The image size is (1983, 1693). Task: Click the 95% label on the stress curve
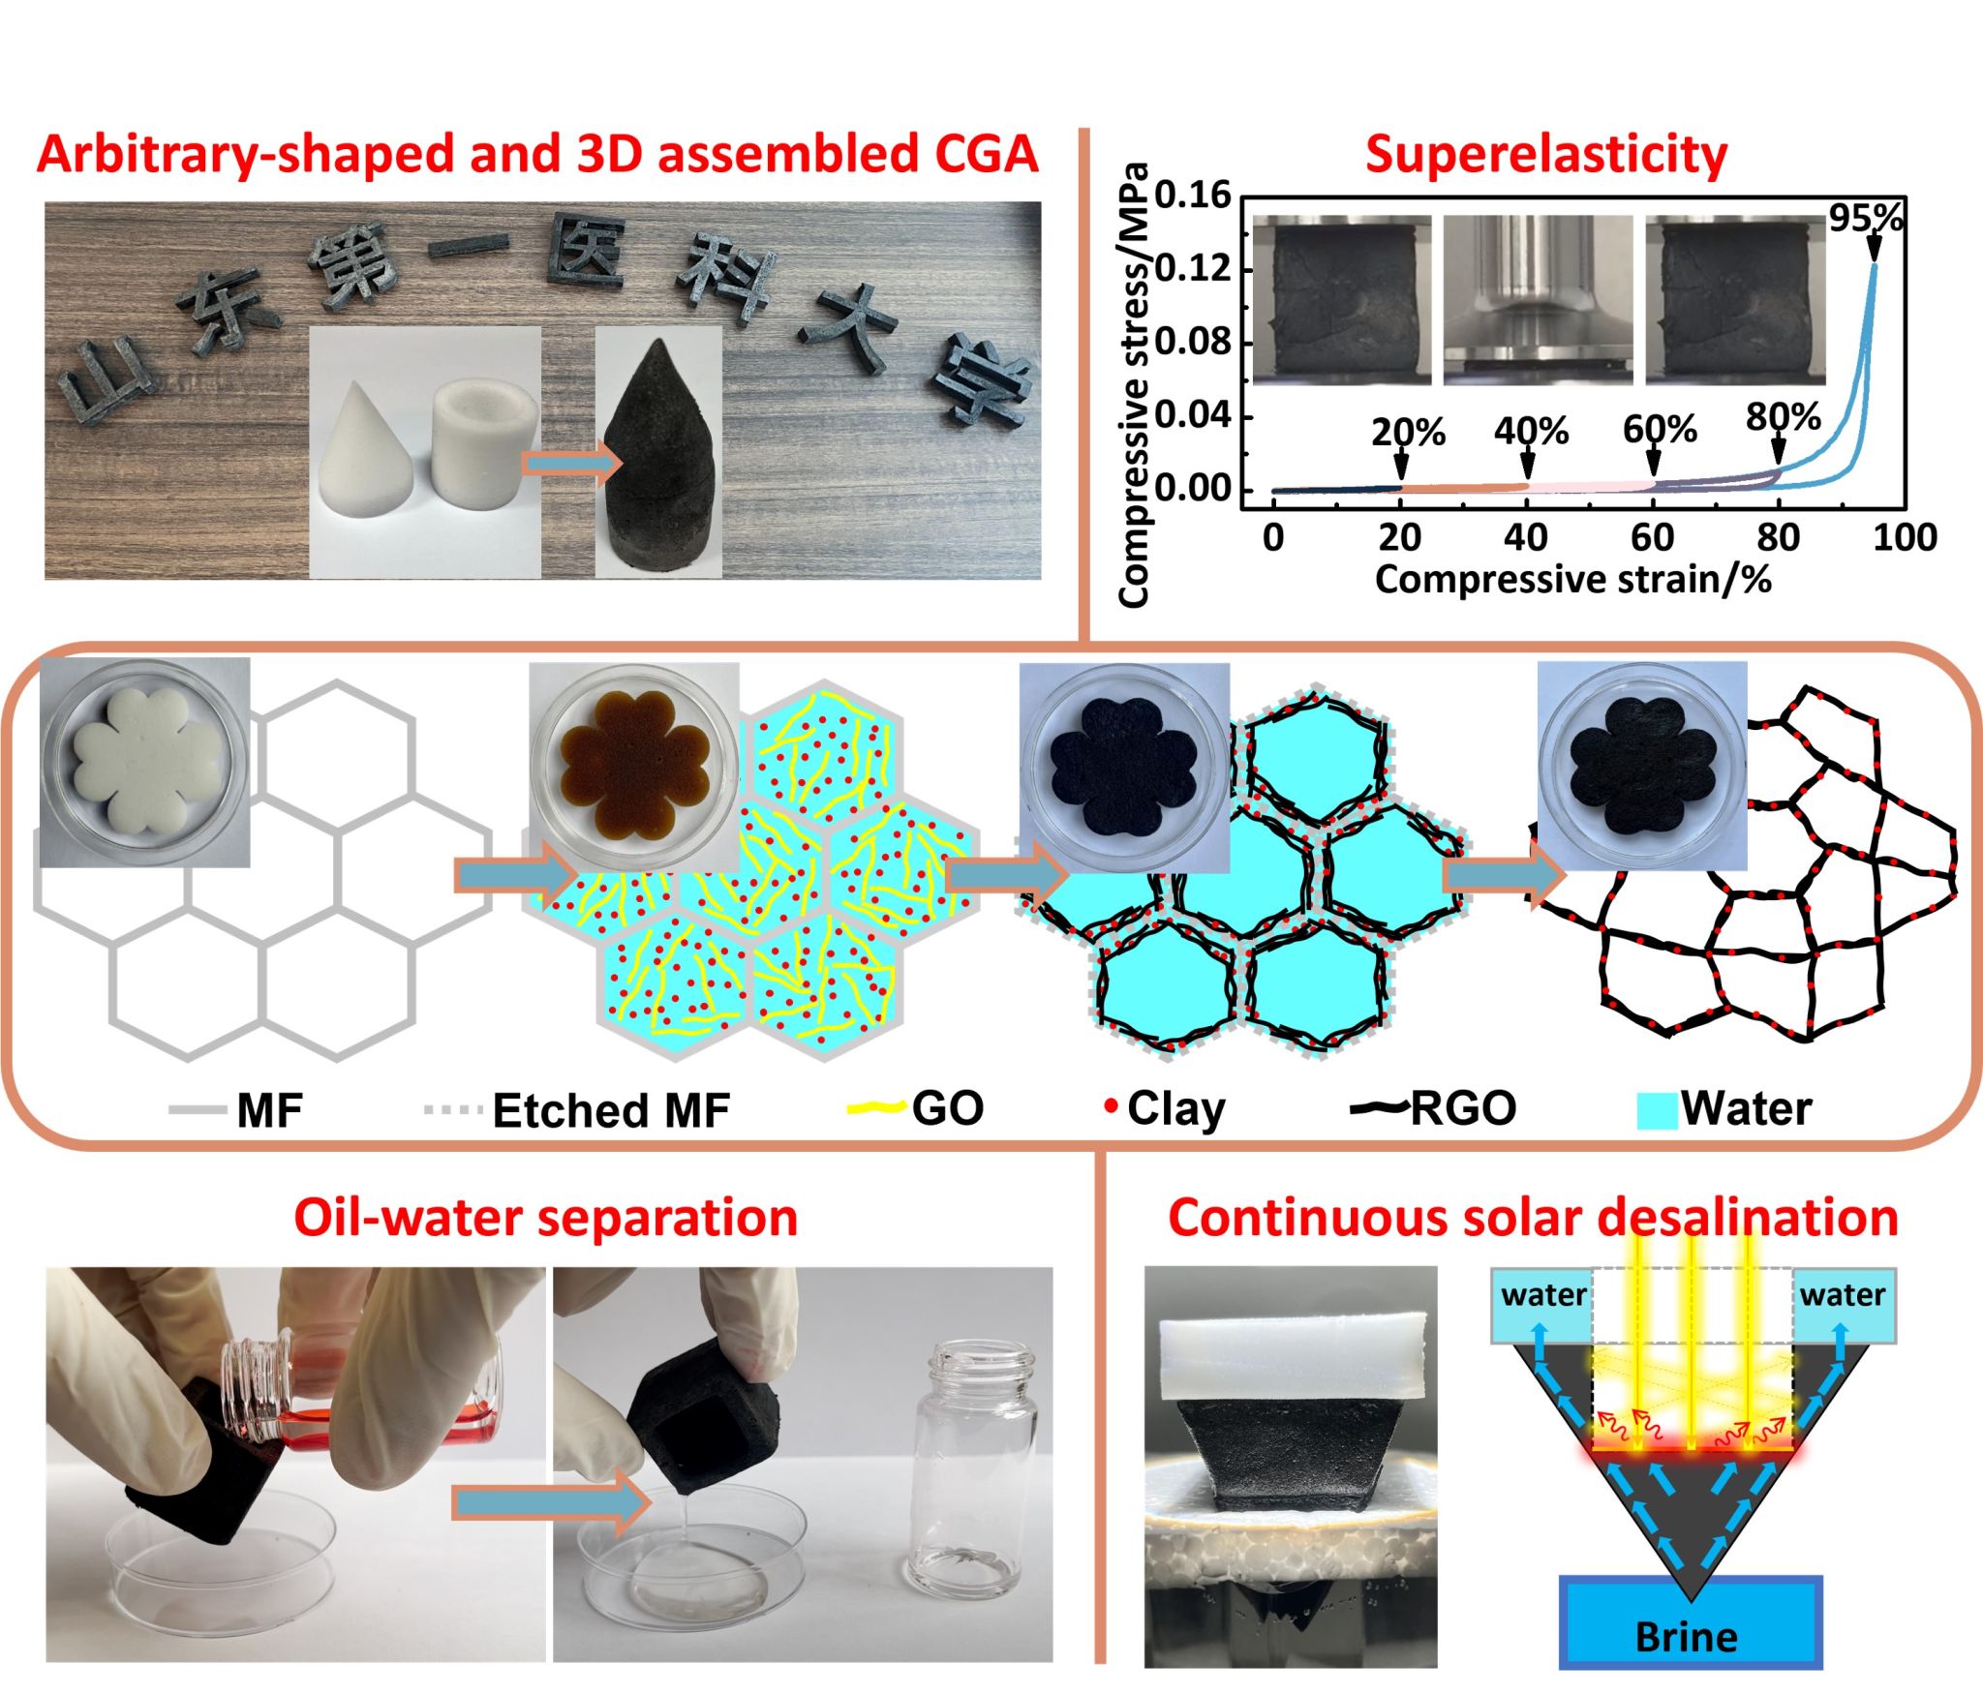pyautogui.click(x=1865, y=220)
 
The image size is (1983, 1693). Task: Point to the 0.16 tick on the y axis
pyautogui.click(x=1192, y=196)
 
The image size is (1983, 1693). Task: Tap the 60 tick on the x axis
pyautogui.click(x=1652, y=537)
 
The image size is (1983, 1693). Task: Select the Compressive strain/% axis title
pyautogui.click(x=1573, y=580)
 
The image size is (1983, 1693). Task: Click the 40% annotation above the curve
pyautogui.click(x=1531, y=431)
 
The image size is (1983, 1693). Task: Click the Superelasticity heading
pyautogui.click(x=1546, y=155)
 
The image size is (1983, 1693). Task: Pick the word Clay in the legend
pyautogui.click(x=1175, y=1109)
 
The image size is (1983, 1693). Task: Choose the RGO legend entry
pyautogui.click(x=1462, y=1109)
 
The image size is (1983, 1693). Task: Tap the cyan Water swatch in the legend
pyautogui.click(x=1656, y=1110)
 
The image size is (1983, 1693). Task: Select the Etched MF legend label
pyautogui.click(x=610, y=1111)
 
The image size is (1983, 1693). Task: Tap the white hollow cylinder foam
pyautogui.click(x=482, y=441)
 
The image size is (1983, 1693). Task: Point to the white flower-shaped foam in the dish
pyautogui.click(x=141, y=766)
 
